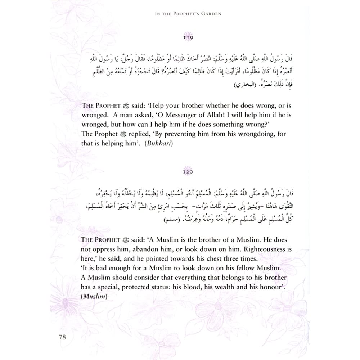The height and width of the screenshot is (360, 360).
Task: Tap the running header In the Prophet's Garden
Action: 187,15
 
